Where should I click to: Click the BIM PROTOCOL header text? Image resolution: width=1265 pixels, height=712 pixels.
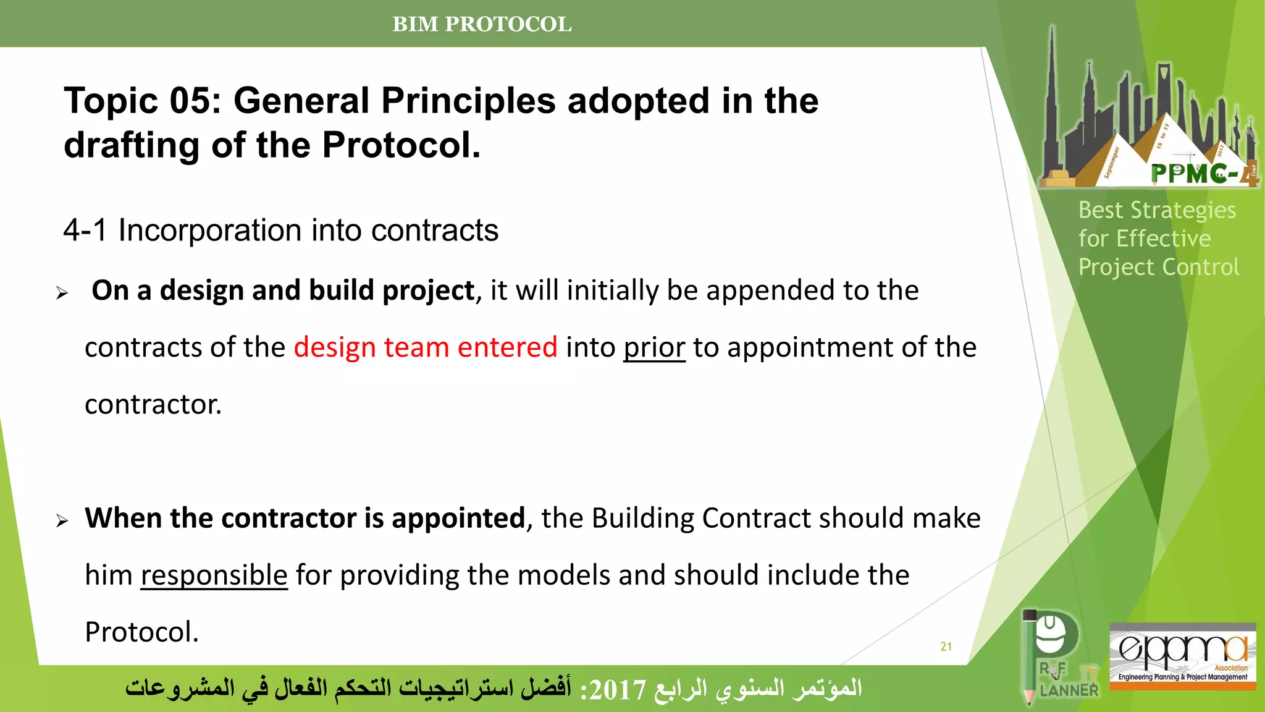(482, 24)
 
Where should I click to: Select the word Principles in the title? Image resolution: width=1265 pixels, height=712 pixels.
(468, 101)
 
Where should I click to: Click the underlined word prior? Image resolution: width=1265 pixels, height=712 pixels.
(654, 347)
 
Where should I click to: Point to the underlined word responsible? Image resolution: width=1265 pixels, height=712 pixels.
(214, 575)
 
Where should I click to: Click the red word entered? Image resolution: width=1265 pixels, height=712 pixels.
(507, 347)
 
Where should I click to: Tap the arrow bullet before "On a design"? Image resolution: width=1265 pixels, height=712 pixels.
(62, 293)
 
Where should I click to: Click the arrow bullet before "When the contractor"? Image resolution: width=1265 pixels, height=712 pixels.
(62, 521)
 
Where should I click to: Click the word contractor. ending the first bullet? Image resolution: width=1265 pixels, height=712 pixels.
(153, 405)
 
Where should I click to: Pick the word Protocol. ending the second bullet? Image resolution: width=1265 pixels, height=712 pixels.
(141, 632)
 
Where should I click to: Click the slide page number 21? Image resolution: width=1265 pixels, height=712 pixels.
(946, 646)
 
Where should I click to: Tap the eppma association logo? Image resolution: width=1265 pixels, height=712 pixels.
(1182, 655)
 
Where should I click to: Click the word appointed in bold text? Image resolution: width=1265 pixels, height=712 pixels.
(458, 519)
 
